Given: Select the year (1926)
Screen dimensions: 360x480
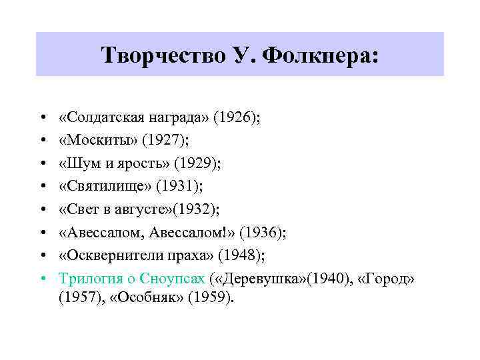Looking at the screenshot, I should (235, 118).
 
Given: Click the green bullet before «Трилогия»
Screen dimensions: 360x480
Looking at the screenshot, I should (42, 278).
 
